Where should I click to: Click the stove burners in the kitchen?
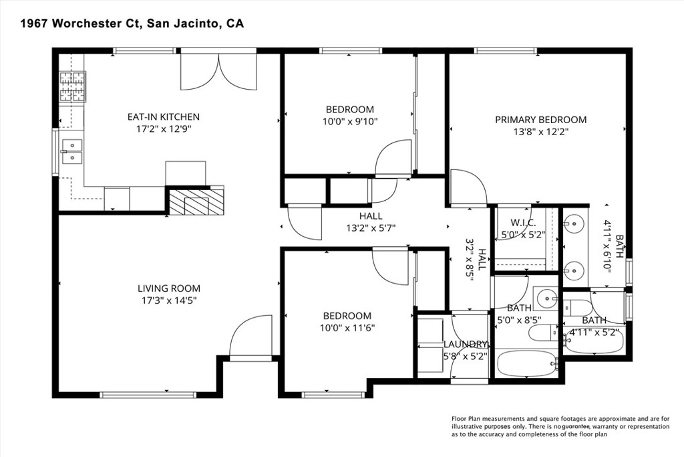coord(72,86)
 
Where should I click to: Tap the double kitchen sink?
coord(72,151)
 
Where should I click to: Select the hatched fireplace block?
coord(196,201)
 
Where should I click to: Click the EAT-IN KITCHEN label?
coord(164,117)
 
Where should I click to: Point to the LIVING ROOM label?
coord(169,288)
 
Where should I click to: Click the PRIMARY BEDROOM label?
coord(540,120)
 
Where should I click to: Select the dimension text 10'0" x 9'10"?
coord(350,122)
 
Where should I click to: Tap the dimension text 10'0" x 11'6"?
coord(347,328)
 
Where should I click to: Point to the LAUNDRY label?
coord(466,345)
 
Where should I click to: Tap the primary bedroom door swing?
coord(468,187)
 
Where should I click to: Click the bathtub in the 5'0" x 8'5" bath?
coord(528,363)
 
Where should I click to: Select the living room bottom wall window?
coord(148,395)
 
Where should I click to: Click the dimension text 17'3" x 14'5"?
coord(169,300)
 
